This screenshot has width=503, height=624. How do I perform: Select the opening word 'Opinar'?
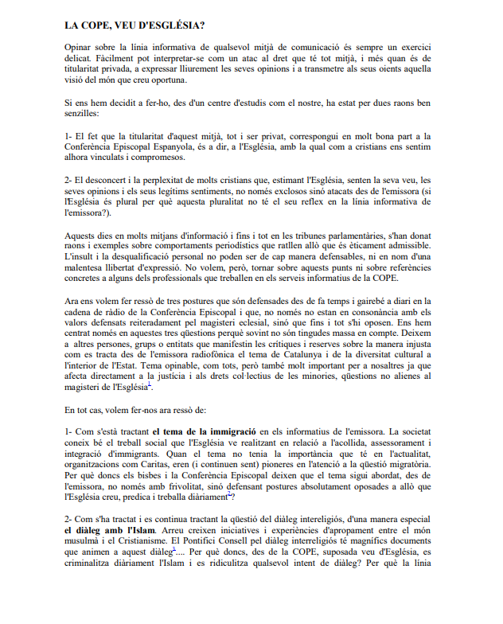[78, 49]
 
